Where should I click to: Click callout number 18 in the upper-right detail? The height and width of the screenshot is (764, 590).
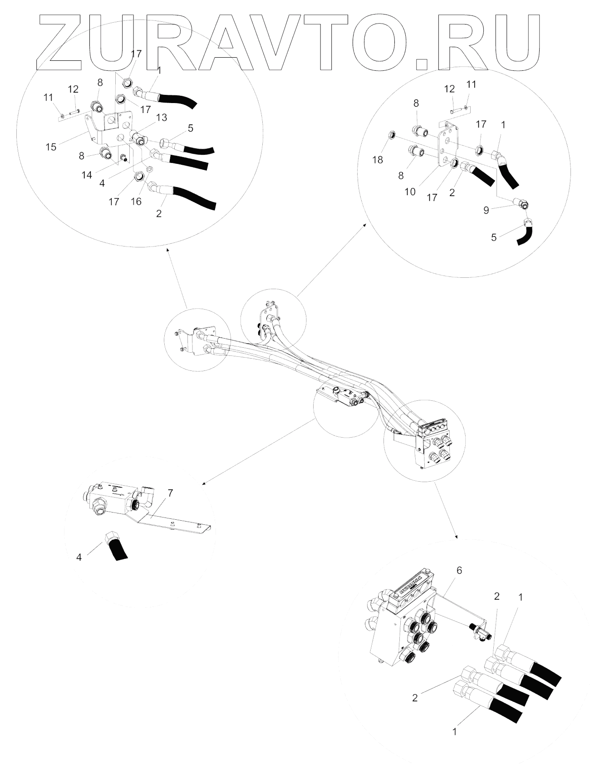(378, 160)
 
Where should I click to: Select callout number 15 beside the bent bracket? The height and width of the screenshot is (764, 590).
(51, 147)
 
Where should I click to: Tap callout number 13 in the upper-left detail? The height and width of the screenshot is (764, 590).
(161, 118)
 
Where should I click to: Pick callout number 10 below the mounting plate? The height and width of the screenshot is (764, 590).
(410, 192)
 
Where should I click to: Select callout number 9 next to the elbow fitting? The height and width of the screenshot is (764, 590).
(486, 211)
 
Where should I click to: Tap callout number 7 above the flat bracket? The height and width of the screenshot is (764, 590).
(170, 493)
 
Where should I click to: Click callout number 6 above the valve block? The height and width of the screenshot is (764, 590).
(459, 571)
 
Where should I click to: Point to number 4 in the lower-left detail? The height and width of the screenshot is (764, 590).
(79, 557)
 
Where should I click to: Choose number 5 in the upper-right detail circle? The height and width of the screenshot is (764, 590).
(494, 237)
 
